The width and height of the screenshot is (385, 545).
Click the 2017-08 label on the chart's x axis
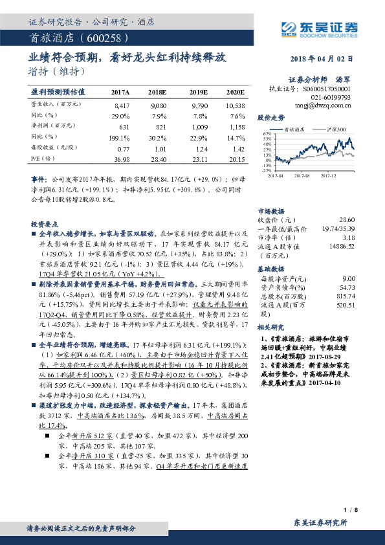[302, 175]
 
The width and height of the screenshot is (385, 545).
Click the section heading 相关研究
[270, 327]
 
